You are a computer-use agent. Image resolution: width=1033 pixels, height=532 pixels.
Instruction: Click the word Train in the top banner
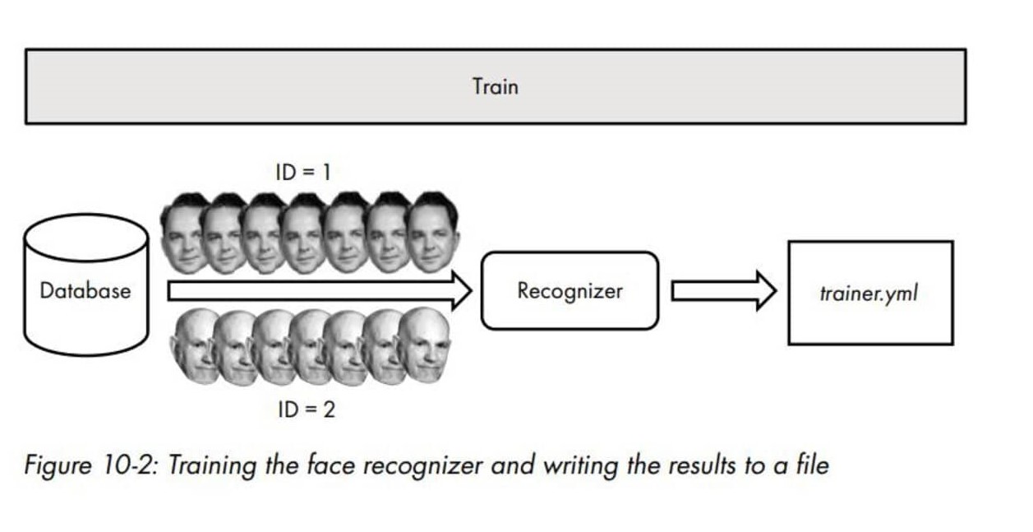coord(495,86)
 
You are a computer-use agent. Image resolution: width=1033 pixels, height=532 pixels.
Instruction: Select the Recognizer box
coord(570,290)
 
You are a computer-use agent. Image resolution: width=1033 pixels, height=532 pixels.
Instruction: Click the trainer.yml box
coord(869,293)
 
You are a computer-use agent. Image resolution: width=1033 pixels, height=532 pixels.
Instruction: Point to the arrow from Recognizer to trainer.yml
coord(722,291)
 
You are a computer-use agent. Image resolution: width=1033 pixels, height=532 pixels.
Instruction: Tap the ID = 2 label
coord(306,409)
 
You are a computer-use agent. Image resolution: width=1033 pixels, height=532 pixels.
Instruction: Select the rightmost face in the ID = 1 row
coord(433,232)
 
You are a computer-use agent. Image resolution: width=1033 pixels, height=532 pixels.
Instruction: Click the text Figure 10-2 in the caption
coord(92,465)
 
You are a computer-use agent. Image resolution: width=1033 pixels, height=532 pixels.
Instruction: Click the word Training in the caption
coord(212,466)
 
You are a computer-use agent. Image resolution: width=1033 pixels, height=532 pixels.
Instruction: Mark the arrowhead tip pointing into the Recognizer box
coord(469,291)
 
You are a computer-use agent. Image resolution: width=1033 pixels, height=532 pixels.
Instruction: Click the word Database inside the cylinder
coord(85,290)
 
